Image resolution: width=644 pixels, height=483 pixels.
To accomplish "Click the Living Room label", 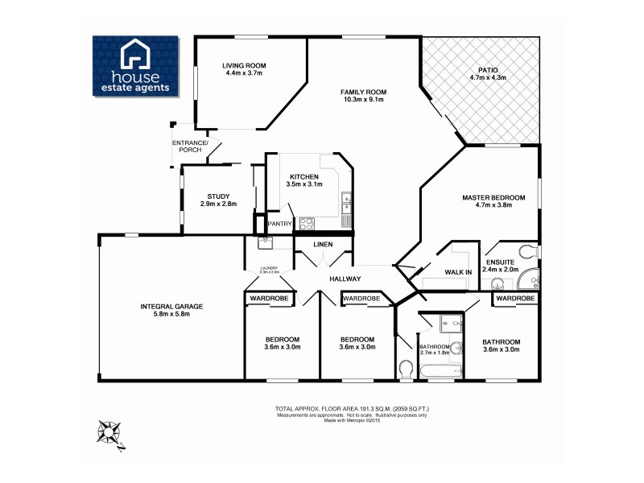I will tap(244, 65).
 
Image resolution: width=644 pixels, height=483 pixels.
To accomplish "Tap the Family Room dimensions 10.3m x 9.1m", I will tap(363, 100).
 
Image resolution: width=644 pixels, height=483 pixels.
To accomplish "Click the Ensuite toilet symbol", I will tap(527, 251).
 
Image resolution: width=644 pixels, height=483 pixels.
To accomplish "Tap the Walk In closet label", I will tap(458, 272).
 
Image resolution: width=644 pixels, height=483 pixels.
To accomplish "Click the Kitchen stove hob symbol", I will tap(307, 224).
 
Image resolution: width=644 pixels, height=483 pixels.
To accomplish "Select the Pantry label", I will tap(279, 224).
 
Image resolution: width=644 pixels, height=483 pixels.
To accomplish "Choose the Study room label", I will tap(218, 196).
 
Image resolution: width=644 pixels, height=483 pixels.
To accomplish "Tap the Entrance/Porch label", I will tap(190, 146).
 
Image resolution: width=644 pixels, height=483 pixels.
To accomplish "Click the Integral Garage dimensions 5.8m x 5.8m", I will tap(171, 313).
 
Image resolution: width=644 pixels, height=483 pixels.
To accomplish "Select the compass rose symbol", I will tap(109, 433).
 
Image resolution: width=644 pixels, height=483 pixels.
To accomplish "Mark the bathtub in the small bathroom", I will tap(439, 371).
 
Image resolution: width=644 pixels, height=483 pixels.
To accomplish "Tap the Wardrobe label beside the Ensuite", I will tap(514, 299).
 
